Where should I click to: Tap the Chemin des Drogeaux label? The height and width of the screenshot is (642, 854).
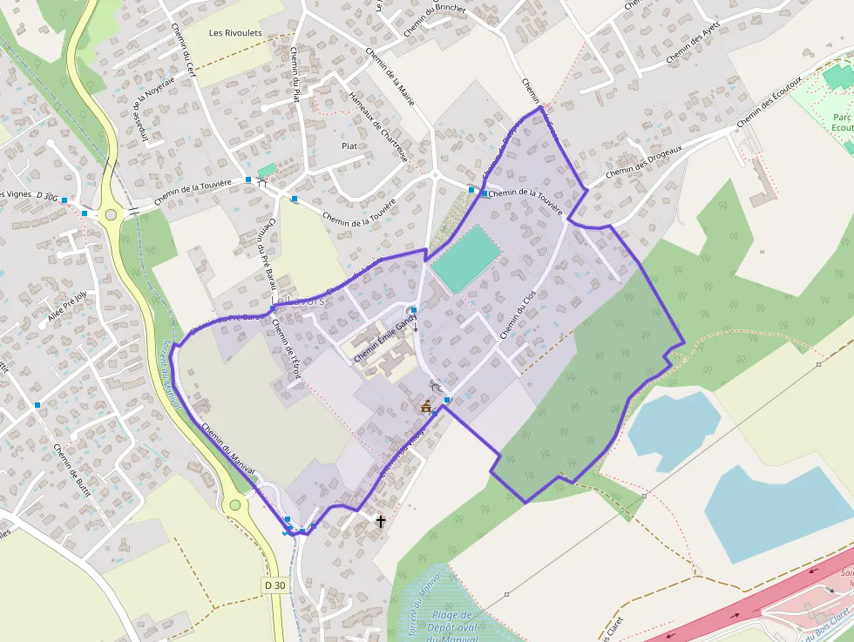click(x=643, y=160)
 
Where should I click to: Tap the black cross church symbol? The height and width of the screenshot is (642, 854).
click(x=380, y=522)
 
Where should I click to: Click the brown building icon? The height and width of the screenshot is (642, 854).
click(x=426, y=407)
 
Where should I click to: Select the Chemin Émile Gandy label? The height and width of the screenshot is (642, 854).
click(x=384, y=337)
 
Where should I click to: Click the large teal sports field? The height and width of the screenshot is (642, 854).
click(x=466, y=258)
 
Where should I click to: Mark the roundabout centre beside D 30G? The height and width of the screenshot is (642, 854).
click(x=111, y=215)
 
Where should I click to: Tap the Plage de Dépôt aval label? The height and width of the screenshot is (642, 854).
click(x=452, y=621)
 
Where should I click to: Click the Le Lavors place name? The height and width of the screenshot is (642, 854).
click(x=298, y=300)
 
